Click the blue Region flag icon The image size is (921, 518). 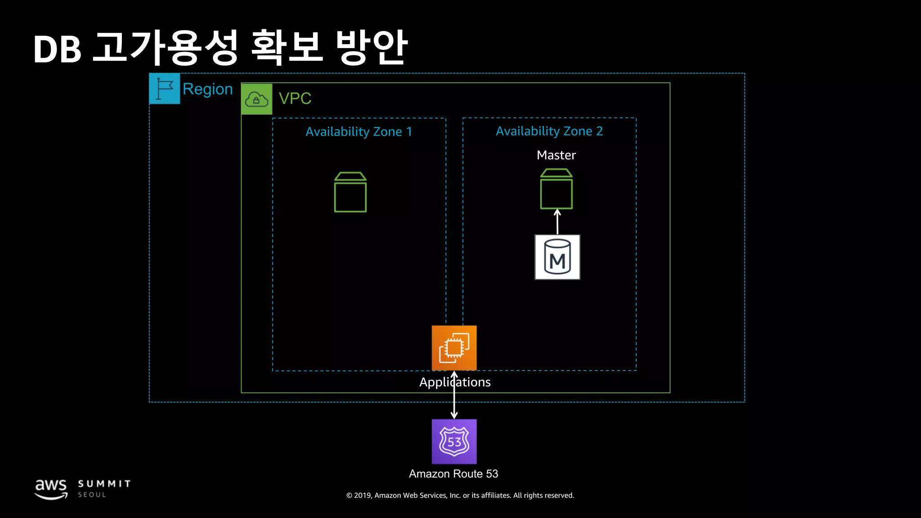coord(165,89)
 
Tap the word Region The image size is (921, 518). coord(207,89)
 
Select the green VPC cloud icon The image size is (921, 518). coord(257,99)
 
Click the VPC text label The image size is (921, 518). coord(295,98)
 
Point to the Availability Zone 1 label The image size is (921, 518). coord(358,132)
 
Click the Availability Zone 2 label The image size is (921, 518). coord(549,131)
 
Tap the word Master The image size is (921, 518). coord(556,155)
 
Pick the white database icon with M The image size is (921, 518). coord(557,257)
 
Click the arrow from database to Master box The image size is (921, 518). coord(557,222)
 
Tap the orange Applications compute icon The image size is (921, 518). coord(454,348)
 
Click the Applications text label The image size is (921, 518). coord(455,382)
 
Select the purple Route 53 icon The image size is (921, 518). coord(454,442)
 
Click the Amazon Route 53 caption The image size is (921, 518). coord(453,474)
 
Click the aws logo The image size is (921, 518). coord(51,489)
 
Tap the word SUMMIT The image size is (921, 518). coord(104,484)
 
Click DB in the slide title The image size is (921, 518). coord(57,49)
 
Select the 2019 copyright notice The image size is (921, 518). coord(460,496)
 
